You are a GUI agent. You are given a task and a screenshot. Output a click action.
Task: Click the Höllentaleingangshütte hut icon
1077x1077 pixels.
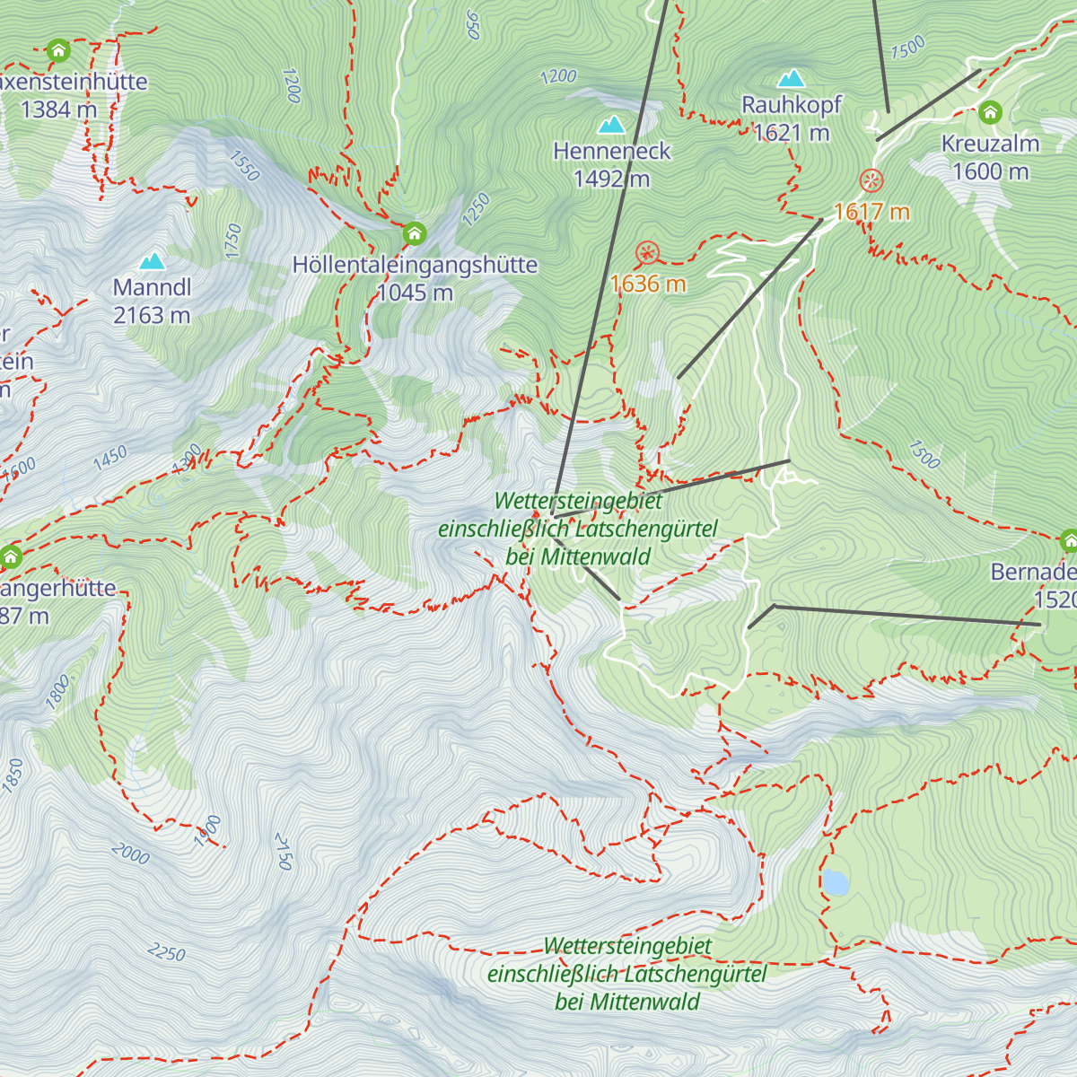(x=414, y=234)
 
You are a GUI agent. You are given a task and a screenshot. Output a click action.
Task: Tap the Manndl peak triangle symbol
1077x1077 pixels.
(x=153, y=261)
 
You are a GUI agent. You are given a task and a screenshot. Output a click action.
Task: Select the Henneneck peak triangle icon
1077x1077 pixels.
(x=612, y=124)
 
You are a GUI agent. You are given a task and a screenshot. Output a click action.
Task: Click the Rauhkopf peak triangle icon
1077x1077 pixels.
(x=792, y=78)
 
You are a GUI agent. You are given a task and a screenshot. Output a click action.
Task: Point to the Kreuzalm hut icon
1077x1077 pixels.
(x=990, y=113)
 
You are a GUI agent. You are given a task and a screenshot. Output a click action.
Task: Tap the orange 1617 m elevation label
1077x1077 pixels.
(x=871, y=212)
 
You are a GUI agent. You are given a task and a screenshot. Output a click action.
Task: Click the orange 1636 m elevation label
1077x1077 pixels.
(x=648, y=285)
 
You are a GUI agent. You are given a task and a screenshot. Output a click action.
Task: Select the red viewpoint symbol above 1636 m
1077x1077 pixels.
(x=647, y=253)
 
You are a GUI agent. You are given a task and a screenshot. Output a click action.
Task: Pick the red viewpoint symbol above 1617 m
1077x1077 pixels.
(x=871, y=180)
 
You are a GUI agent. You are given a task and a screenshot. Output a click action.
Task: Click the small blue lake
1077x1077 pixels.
(x=836, y=883)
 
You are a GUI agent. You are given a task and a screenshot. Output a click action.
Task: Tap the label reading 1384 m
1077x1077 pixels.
(x=58, y=109)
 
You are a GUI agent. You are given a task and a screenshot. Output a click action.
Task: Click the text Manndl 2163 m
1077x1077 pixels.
(x=152, y=302)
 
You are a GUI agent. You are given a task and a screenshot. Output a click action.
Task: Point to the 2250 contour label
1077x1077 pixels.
(x=167, y=952)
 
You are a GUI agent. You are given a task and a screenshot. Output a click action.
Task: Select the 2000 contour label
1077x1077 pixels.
(x=131, y=854)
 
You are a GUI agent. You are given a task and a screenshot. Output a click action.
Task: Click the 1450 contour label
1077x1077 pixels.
(x=109, y=458)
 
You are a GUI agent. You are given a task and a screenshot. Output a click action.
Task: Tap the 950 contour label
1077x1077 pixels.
(x=473, y=24)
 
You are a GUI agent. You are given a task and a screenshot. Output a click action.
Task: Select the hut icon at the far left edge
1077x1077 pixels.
(x=11, y=557)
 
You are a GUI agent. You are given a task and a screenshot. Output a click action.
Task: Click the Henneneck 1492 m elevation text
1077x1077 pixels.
(x=611, y=179)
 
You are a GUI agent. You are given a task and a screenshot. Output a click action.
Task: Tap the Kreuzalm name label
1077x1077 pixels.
(x=990, y=144)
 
